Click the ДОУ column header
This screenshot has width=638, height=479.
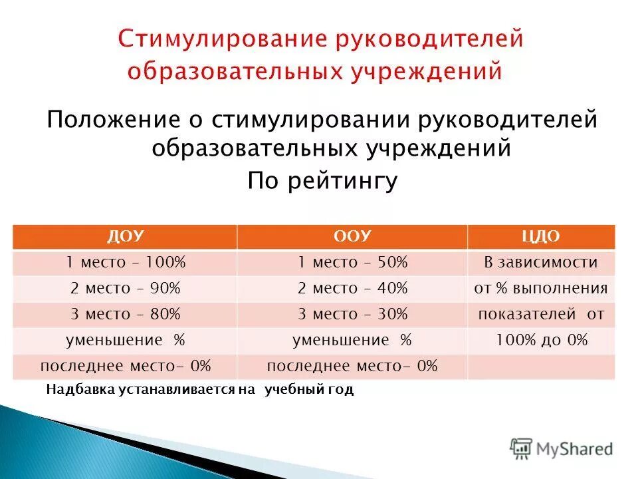click(125, 237)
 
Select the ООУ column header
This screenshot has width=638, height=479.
click(352, 237)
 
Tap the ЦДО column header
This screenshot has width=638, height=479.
click(541, 237)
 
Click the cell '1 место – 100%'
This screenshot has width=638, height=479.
click(125, 263)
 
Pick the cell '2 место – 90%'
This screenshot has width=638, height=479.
click(125, 289)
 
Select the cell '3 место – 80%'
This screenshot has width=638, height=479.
click(125, 314)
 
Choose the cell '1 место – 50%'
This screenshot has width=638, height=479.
click(352, 263)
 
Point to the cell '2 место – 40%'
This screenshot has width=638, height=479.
click(352, 289)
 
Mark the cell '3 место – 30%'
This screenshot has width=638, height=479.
click(352, 314)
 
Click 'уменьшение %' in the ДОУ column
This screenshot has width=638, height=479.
click(125, 340)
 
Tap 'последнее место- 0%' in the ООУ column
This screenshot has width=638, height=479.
click(352, 366)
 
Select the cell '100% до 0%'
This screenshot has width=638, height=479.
click(541, 340)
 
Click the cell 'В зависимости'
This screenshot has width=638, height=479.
click(541, 263)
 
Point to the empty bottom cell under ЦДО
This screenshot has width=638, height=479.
click(541, 366)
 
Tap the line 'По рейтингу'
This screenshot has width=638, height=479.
click(322, 180)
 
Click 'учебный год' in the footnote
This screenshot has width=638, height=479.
click(309, 390)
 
